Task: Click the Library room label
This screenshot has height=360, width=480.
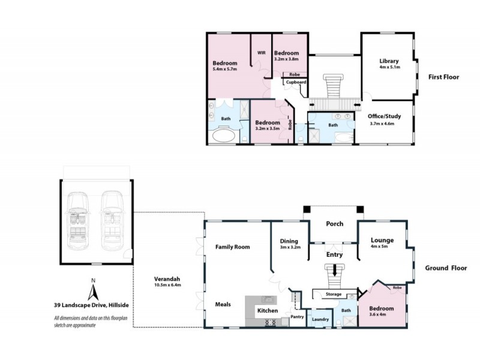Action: pyautogui.click(x=389, y=61)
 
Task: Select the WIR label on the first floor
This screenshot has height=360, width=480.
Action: pyautogui.click(x=262, y=53)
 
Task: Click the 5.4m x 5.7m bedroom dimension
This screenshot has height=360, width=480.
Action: pyautogui.click(x=225, y=70)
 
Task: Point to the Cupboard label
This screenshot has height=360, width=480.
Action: pyautogui.click(x=296, y=82)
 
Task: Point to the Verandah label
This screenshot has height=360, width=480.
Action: pyautogui.click(x=167, y=279)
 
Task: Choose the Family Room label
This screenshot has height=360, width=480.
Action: pyautogui.click(x=232, y=247)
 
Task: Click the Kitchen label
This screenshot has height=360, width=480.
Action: pyautogui.click(x=268, y=311)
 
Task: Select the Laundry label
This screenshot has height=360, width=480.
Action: pyautogui.click(x=320, y=319)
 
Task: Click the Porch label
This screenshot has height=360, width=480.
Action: pyautogui.click(x=334, y=224)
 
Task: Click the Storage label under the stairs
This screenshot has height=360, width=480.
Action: pyautogui.click(x=334, y=294)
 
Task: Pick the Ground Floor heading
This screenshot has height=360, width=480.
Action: pyautogui.click(x=446, y=268)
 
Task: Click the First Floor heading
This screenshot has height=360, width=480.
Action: pyautogui.click(x=444, y=77)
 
